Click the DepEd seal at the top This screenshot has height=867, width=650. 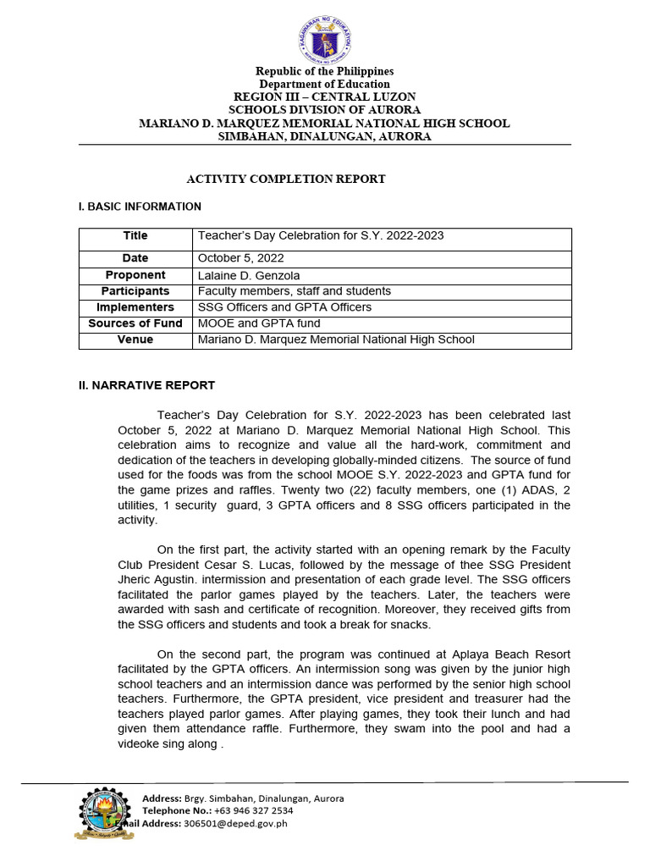click(325, 39)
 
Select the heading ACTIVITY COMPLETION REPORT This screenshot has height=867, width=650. click(286, 179)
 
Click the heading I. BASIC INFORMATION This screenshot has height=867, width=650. click(140, 207)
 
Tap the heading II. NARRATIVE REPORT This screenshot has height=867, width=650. click(146, 385)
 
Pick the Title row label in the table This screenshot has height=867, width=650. click(135, 236)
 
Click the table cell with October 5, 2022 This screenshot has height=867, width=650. click(241, 258)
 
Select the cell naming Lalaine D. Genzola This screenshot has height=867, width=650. click(249, 275)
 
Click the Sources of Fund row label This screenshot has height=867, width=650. click(135, 323)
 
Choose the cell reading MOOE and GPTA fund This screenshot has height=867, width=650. click(259, 323)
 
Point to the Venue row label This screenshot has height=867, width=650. click(135, 340)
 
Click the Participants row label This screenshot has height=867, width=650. click(135, 291)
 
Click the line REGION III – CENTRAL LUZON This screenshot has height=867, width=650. click(325, 97)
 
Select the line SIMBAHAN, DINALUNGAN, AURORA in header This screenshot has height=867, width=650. click(325, 136)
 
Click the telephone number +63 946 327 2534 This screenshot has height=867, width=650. click(251, 810)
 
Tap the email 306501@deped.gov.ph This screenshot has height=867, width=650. click(235, 823)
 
